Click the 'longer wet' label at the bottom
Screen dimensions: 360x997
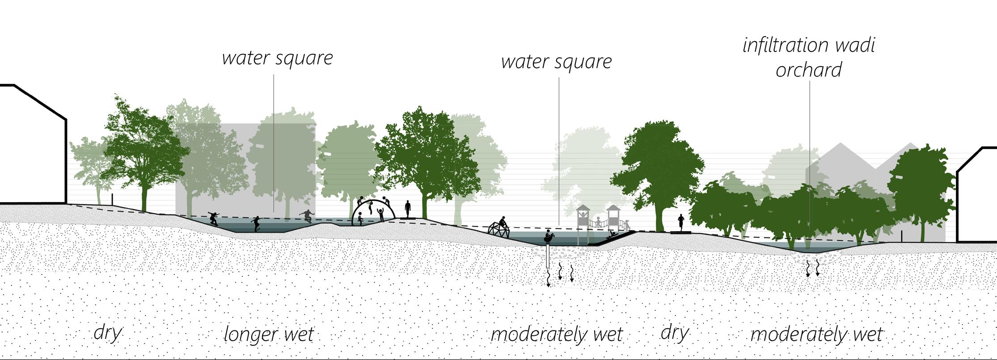[268, 335]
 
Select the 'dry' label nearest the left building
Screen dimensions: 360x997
[108, 333]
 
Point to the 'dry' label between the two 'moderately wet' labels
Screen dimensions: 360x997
[674, 333]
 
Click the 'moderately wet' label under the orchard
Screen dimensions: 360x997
[816, 335]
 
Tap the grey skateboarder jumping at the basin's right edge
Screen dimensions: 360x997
[307, 216]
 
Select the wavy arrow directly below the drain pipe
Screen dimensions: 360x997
[549, 278]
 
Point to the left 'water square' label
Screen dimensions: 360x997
[277, 59]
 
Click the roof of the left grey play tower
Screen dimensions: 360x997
[583, 208]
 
